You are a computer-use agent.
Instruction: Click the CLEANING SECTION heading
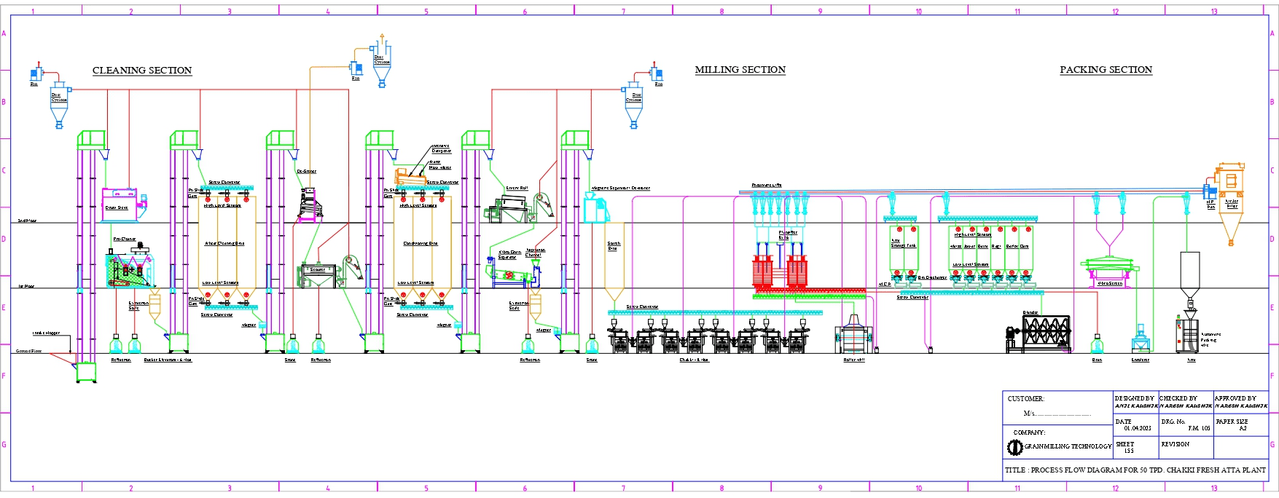click(x=142, y=71)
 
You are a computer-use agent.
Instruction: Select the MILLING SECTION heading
click(x=740, y=70)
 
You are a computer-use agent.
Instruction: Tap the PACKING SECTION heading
click(x=1106, y=70)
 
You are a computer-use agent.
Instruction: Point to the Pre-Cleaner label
click(x=125, y=239)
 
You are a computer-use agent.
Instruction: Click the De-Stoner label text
click(x=307, y=172)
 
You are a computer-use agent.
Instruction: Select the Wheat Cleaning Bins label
click(x=224, y=243)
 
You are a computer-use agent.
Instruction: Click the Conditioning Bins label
click(x=420, y=243)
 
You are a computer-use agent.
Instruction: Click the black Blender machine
click(x=1042, y=333)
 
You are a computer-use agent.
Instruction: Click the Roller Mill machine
click(x=853, y=336)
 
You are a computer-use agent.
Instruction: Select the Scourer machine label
click(x=318, y=269)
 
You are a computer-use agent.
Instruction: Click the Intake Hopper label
click(x=46, y=333)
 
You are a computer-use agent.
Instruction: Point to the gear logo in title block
click(x=1014, y=447)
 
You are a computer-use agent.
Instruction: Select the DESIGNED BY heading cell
click(x=1134, y=398)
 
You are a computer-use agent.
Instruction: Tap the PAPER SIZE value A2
click(x=1243, y=429)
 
